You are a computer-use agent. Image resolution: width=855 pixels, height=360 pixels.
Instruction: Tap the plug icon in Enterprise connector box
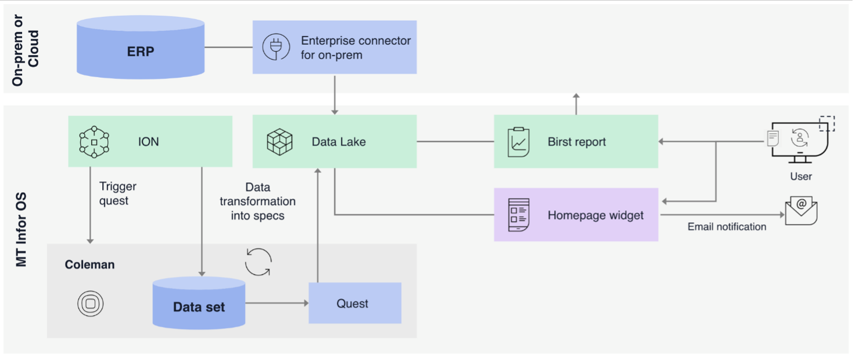pyautogui.click(x=275, y=47)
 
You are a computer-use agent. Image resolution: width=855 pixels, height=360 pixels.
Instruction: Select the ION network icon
pyautogui.click(x=94, y=142)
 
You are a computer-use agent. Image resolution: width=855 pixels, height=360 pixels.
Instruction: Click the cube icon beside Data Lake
pyautogui.click(x=279, y=142)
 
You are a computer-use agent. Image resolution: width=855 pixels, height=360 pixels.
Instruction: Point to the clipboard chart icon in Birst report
pyautogui.click(x=518, y=142)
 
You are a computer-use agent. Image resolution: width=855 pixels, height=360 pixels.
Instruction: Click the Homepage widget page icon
pyautogui.click(x=518, y=215)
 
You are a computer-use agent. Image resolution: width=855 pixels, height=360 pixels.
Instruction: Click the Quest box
pyautogui.click(x=354, y=303)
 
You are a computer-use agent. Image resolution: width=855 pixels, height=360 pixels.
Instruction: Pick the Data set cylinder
pyautogui.click(x=199, y=303)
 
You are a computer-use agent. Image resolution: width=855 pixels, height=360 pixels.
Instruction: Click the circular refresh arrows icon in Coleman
pyautogui.click(x=258, y=262)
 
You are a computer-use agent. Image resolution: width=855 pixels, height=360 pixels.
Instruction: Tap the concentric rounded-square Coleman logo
pyautogui.click(x=90, y=303)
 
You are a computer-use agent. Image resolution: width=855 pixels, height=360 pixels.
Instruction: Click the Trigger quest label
pyautogui.click(x=118, y=194)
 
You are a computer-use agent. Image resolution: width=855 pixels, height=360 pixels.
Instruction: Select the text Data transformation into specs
pyautogui.click(x=257, y=201)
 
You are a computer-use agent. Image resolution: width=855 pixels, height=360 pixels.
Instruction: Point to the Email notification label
pyautogui.click(x=727, y=226)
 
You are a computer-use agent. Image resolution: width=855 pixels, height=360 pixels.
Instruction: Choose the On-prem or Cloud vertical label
pyautogui.click(x=26, y=51)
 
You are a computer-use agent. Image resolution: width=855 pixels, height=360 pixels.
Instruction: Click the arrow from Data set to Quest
pyautogui.click(x=276, y=303)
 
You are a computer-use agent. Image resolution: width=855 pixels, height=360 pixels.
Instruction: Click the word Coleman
pyautogui.click(x=89, y=265)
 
